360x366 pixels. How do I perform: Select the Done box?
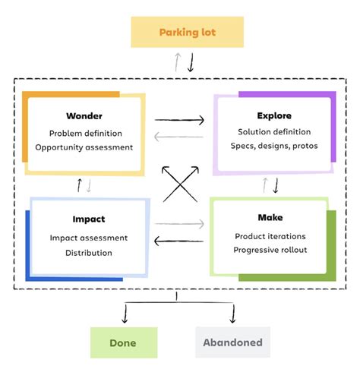click(123, 342)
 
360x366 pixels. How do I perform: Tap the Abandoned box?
click(233, 342)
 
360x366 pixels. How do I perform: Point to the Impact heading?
click(88, 219)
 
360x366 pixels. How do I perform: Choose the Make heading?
click(270, 217)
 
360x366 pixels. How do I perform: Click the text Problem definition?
click(84, 133)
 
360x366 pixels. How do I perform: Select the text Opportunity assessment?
click(84, 147)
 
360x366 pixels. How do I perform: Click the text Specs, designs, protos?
click(273, 147)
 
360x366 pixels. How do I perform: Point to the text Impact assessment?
click(88, 238)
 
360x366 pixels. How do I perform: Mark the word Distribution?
click(88, 253)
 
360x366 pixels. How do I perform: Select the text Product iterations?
click(270, 236)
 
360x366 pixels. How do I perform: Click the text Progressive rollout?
click(270, 250)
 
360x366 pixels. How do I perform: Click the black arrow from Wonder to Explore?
click(179, 119)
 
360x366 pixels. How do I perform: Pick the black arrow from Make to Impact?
click(179, 241)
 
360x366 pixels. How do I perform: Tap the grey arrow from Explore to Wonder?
click(179, 137)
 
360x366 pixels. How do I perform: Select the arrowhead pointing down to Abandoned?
click(233, 319)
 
